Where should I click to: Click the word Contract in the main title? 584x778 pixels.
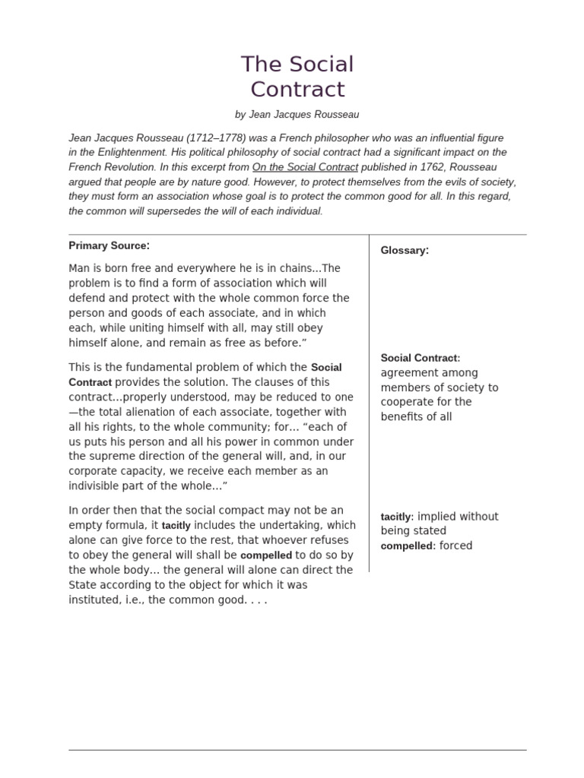[297, 90]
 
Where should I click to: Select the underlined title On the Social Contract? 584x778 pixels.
[305, 167]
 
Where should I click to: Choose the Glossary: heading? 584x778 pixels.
[405, 250]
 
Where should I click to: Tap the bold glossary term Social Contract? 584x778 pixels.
[420, 358]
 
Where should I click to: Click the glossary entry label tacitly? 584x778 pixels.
[397, 517]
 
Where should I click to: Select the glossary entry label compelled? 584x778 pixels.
[408, 546]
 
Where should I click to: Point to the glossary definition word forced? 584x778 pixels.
[456, 546]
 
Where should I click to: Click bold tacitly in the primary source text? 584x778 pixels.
[176, 526]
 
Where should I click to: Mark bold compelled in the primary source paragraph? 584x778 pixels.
[266, 555]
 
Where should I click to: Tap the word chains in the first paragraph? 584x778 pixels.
[300, 268]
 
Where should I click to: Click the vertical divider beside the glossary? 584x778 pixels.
[370, 403]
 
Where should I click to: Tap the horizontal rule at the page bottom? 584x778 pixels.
[297, 750]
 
